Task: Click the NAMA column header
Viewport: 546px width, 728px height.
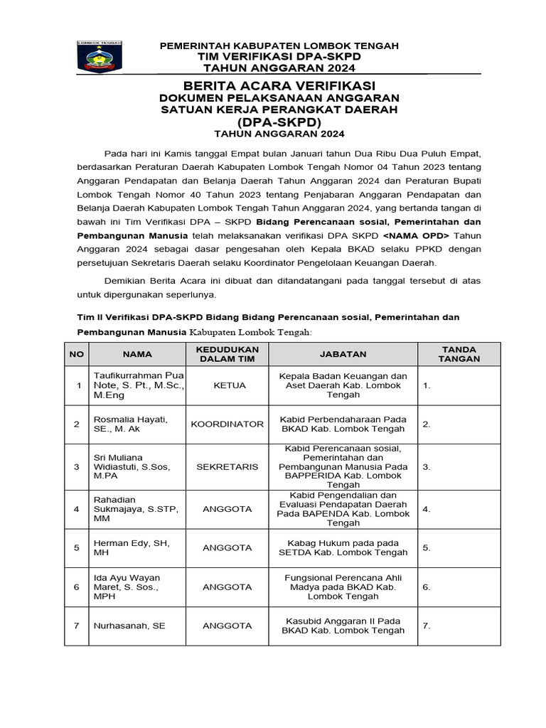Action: pyautogui.click(x=137, y=354)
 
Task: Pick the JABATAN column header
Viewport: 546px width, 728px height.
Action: pyautogui.click(x=343, y=354)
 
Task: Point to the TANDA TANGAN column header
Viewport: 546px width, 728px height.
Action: pyautogui.click(x=459, y=354)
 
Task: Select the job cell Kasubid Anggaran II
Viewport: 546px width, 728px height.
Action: pyautogui.click(x=343, y=626)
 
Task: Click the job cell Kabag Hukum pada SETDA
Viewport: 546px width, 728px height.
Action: pyautogui.click(x=343, y=547)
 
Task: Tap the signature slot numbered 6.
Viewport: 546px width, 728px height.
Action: pyautogui.click(x=427, y=587)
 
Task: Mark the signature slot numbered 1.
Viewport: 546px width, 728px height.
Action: pyautogui.click(x=427, y=385)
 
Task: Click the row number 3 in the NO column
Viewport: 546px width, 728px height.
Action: pyautogui.click(x=77, y=466)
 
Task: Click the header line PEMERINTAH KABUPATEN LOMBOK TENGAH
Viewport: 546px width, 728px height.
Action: pyautogui.click(x=279, y=45)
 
